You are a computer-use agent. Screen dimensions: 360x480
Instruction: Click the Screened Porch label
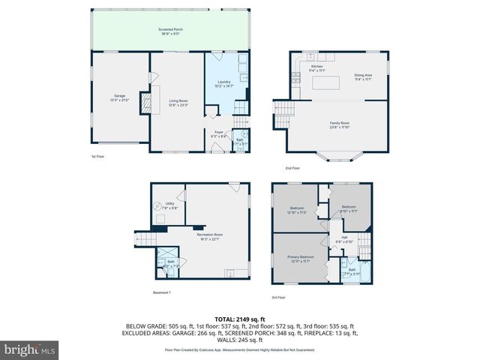(172, 30)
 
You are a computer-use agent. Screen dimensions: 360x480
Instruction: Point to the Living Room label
(178, 103)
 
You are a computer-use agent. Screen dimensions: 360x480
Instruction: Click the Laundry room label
(224, 85)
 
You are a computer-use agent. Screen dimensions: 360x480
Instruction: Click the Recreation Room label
(211, 237)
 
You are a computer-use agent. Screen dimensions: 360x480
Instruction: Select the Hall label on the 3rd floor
(343, 240)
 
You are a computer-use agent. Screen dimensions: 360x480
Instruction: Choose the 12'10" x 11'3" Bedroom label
(298, 211)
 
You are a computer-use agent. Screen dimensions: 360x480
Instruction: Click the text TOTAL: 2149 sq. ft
(239, 319)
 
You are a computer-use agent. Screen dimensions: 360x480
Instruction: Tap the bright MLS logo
(29, 349)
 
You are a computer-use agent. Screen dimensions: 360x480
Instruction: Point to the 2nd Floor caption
(292, 168)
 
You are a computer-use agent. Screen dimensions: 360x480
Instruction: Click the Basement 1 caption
(162, 292)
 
